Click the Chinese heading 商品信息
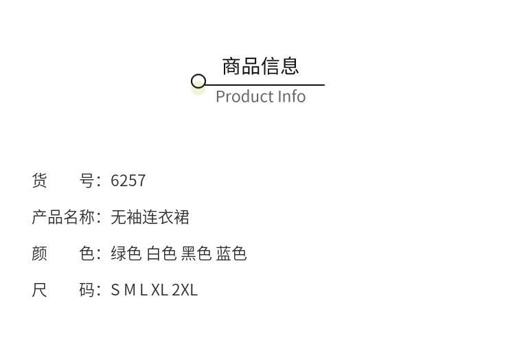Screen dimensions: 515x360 260,66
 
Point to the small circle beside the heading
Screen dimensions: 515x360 198,82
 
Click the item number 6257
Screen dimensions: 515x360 128,181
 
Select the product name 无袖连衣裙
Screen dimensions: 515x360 150,218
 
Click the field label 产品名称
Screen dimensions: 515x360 63,218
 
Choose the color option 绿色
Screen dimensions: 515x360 126,254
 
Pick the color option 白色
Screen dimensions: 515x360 161,254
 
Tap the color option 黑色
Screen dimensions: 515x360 196,254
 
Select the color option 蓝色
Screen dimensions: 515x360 231,254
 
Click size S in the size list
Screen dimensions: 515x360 115,291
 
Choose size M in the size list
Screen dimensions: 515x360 130,291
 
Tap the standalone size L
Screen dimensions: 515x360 143,291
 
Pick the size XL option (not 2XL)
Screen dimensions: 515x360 159,291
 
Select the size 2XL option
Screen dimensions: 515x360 185,291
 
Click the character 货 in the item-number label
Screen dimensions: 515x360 40,181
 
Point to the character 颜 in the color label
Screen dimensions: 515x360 40,254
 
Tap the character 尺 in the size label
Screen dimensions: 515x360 40,291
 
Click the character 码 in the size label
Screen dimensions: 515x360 87,291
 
